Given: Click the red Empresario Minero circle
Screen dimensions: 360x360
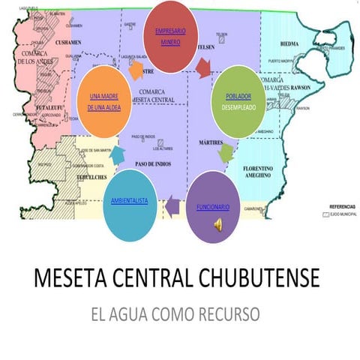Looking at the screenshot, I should [175, 37].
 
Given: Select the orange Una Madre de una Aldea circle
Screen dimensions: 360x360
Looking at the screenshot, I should [104, 102].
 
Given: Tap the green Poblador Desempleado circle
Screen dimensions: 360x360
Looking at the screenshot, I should [238, 102].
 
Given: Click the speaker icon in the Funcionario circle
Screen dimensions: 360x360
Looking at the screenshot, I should [217, 224].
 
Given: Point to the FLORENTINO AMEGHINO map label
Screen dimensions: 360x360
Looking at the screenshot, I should [266, 173].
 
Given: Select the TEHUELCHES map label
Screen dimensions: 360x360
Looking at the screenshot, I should [94, 168].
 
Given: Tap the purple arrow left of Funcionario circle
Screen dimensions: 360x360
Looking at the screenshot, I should [172, 202].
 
